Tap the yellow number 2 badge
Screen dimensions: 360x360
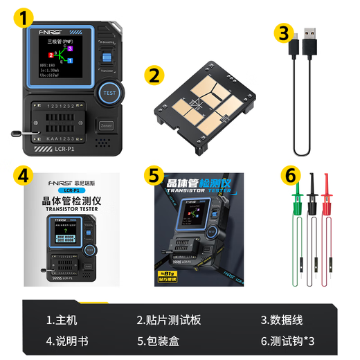pyautogui.click(x=155, y=74)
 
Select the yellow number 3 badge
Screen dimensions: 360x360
pyautogui.click(x=282, y=33)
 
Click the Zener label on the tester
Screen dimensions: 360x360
pyautogui.click(x=106, y=126)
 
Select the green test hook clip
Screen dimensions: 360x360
pyautogui.click(x=296, y=201)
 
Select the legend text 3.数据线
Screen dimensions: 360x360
pyautogui.click(x=281, y=320)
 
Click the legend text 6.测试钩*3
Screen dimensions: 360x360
pyautogui.click(x=287, y=341)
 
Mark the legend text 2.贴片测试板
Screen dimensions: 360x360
pyautogui.click(x=168, y=320)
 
